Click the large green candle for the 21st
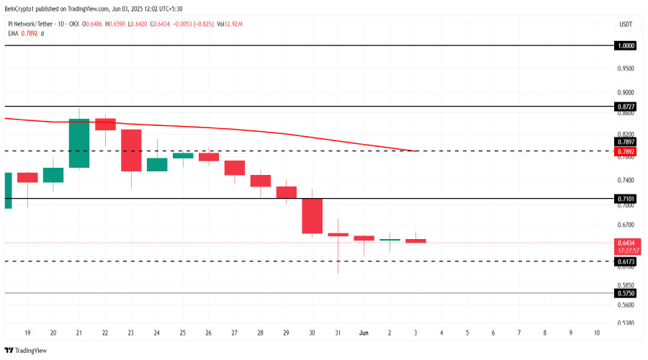tap(79, 143)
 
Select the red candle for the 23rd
tap(131, 150)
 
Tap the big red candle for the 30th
tap(312, 216)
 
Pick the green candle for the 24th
tap(157, 164)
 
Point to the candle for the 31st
tap(338, 234)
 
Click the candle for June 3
tap(415, 240)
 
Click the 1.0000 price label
tap(626, 45)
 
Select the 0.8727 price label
tap(626, 107)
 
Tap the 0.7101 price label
tap(626, 198)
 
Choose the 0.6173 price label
tap(626, 261)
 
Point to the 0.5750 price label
tap(626, 294)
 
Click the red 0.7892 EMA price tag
tap(626, 152)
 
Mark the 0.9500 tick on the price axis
tap(626, 68)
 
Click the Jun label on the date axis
tap(364, 333)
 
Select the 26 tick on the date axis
tap(209, 333)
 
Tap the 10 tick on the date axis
tap(598, 333)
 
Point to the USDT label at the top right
tap(626, 24)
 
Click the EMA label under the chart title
tap(13, 33)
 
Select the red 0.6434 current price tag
tap(626, 243)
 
